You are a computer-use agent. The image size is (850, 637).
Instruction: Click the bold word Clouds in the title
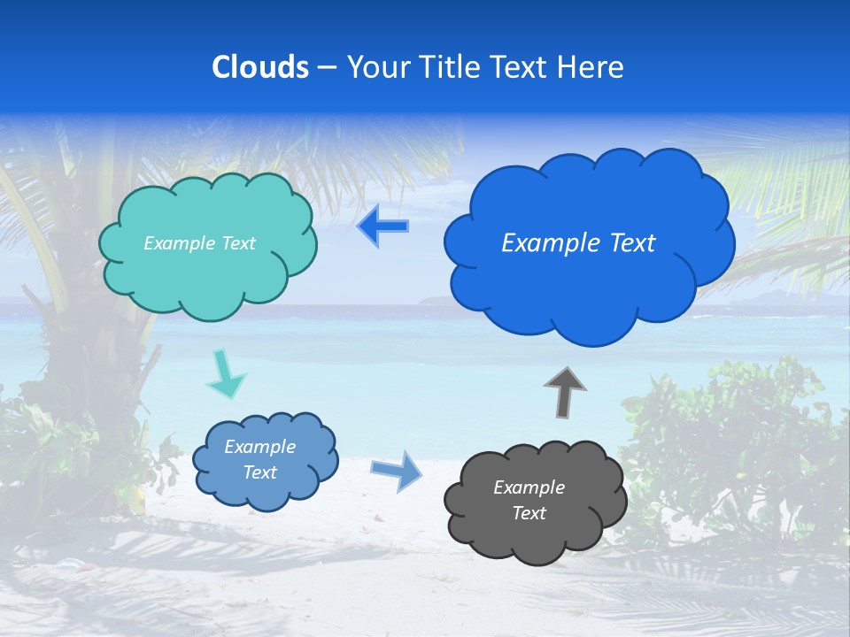259,66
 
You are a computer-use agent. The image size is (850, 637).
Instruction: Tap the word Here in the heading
592,66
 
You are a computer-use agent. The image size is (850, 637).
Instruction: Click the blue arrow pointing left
382,226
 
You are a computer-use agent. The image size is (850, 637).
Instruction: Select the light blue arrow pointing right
397,470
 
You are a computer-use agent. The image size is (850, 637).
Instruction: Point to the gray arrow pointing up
565,392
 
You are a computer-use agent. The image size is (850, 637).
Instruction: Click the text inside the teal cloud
199,243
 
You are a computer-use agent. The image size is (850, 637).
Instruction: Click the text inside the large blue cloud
578,243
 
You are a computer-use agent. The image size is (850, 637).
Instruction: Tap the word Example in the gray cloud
529,487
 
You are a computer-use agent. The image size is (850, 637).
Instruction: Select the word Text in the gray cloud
529,513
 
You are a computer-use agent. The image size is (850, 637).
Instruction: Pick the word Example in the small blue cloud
259,447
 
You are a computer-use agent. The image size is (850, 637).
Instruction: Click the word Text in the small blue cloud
259,472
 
